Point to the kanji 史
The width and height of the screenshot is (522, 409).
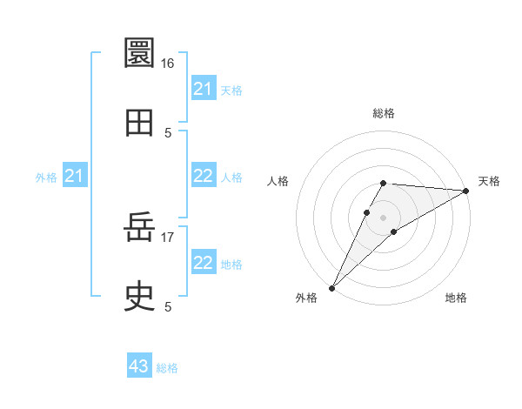click(x=140, y=297)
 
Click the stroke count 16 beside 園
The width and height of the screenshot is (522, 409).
click(x=167, y=64)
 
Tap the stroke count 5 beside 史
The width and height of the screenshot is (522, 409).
click(x=167, y=306)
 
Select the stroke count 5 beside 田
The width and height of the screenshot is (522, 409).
click(x=167, y=132)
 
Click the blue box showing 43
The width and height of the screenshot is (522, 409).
click(x=138, y=366)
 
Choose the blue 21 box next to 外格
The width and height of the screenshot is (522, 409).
click(x=74, y=177)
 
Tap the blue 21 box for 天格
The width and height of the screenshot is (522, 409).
click(x=203, y=89)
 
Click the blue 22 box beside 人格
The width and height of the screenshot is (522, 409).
click(x=203, y=177)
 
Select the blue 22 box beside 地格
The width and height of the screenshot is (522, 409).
click(x=203, y=263)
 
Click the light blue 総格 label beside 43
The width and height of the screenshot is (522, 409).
click(x=167, y=368)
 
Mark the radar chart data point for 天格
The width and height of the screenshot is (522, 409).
click(x=466, y=191)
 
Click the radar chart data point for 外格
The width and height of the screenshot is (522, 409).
click(x=331, y=287)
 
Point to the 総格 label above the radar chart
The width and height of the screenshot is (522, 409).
click(x=384, y=113)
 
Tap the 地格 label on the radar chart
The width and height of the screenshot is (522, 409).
click(x=456, y=298)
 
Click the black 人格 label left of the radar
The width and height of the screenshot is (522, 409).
click(x=278, y=181)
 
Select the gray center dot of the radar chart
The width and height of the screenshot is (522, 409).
click(x=384, y=217)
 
